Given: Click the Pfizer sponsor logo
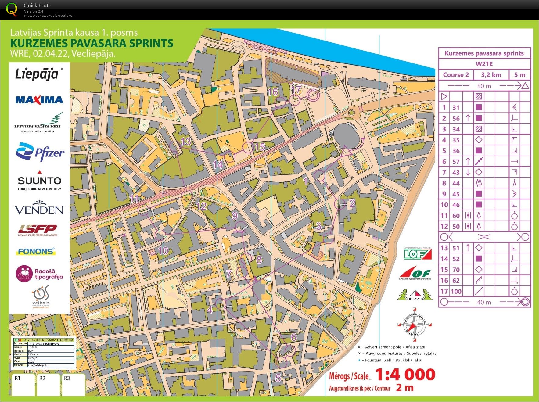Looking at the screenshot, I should point(40,152).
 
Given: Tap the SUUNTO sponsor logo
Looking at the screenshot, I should point(39,181).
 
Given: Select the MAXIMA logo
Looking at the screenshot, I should point(39,100).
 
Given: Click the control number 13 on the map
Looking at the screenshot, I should point(185,142).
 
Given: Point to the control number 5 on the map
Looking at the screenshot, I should point(278,378).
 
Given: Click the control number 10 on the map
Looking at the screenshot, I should point(163,251).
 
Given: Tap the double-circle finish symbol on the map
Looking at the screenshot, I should point(313,95).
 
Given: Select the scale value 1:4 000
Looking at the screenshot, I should point(405,375).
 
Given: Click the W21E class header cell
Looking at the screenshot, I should point(484,64).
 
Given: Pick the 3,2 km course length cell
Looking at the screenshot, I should point(491,75).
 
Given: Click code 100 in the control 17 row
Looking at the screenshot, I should point(456,291).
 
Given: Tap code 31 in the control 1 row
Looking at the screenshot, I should point(456,107).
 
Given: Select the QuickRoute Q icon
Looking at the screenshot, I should point(12,9).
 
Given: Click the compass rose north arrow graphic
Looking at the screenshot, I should point(414,325).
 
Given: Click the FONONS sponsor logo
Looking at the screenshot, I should point(36,252).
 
